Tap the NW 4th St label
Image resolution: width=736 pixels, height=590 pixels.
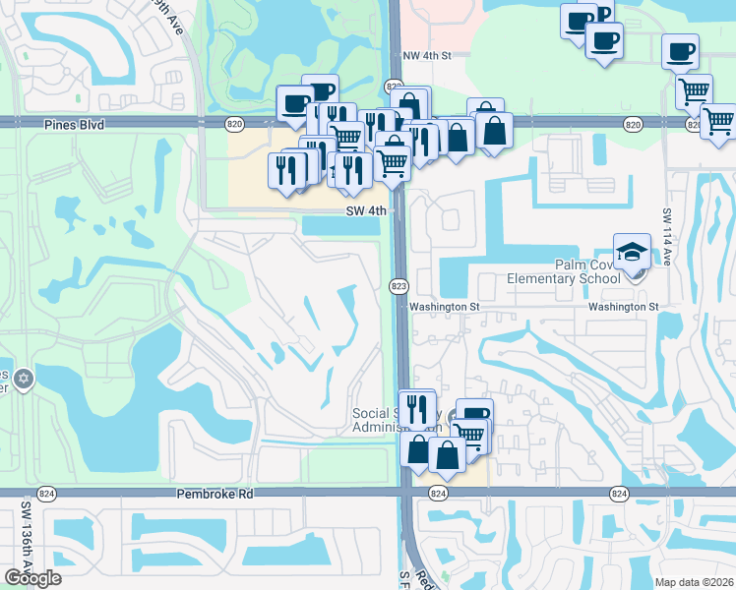pos(426,57)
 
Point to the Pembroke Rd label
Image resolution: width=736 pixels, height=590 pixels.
pos(215,494)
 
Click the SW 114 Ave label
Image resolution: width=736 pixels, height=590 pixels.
pos(667,251)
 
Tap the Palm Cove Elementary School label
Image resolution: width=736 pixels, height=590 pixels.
pos(564,271)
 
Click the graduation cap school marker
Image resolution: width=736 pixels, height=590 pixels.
pos(632,250)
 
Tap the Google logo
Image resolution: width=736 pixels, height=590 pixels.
pos(32,577)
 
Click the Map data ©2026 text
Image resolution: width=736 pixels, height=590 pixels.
pos(694,582)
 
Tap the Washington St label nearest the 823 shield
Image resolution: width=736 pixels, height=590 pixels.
pos(444,307)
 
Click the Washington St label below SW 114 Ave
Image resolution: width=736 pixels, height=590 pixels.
pos(623,307)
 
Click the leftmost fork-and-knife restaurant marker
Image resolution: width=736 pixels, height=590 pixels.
pos(287,169)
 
